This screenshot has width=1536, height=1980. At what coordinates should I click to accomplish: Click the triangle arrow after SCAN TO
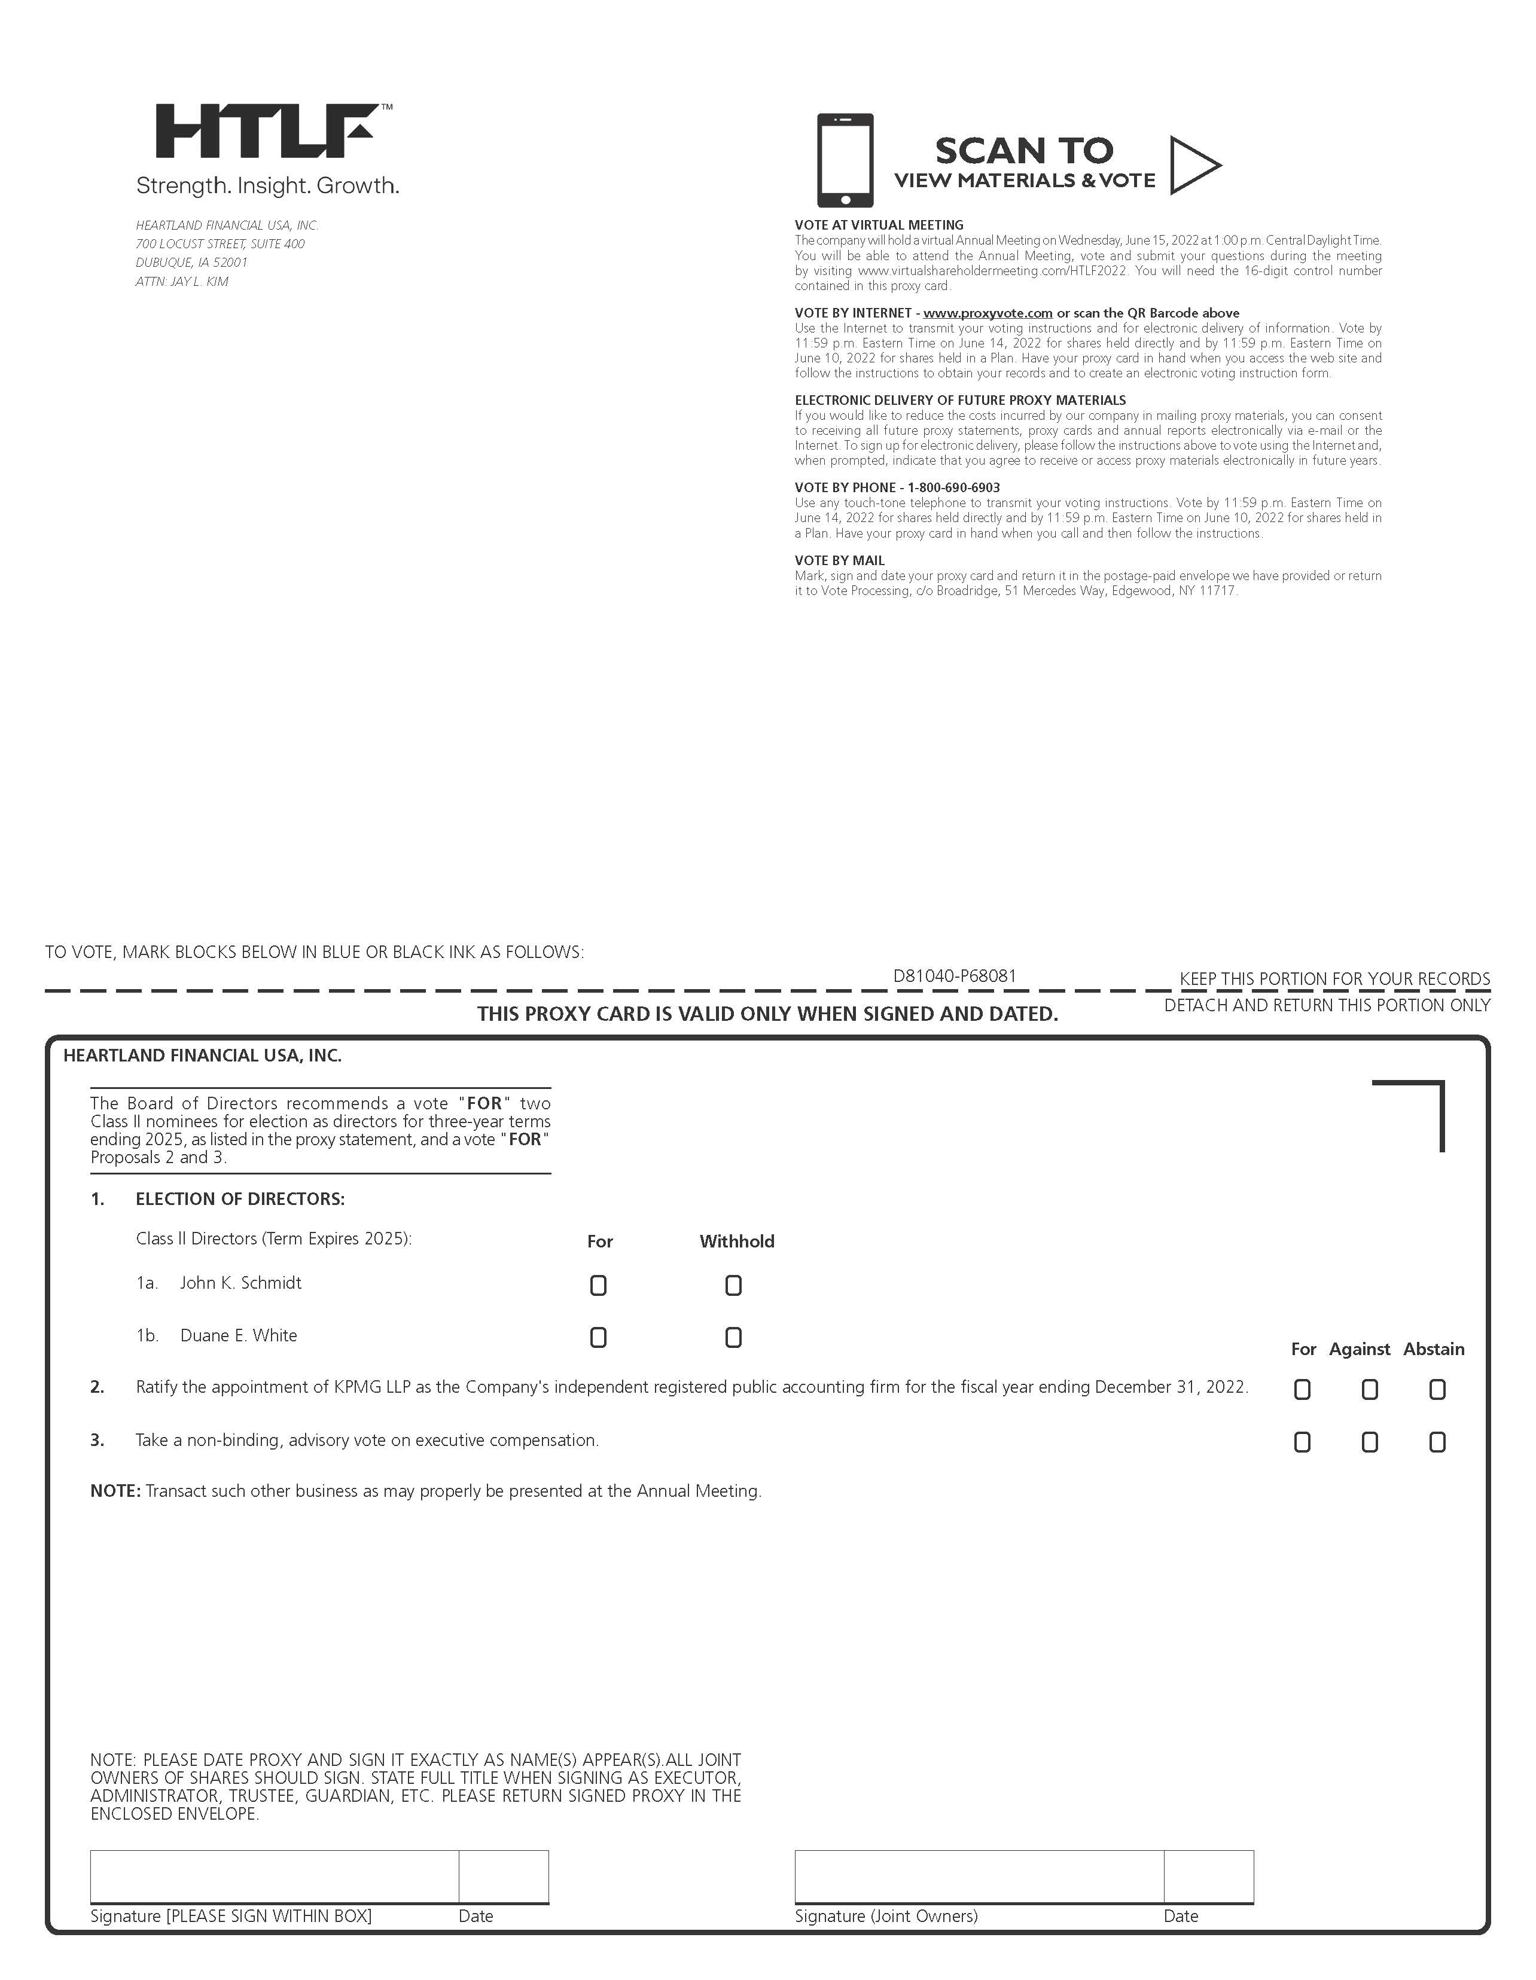click(x=1192, y=165)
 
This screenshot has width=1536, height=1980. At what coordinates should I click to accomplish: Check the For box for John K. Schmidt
click(x=599, y=1286)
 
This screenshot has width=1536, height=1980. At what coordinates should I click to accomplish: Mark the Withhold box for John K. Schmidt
click(x=733, y=1286)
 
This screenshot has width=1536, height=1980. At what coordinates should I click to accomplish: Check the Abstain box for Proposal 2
click(x=1437, y=1390)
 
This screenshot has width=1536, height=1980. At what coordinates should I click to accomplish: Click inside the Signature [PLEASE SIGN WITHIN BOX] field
click(x=274, y=1877)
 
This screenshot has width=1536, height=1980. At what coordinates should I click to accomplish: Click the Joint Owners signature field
click(x=979, y=1877)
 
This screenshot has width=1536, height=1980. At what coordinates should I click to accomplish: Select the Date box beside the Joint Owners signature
click(x=1209, y=1877)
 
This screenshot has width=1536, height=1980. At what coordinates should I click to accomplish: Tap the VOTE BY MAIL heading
click(x=840, y=561)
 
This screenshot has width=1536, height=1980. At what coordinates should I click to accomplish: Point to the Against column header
click(x=1359, y=1349)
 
